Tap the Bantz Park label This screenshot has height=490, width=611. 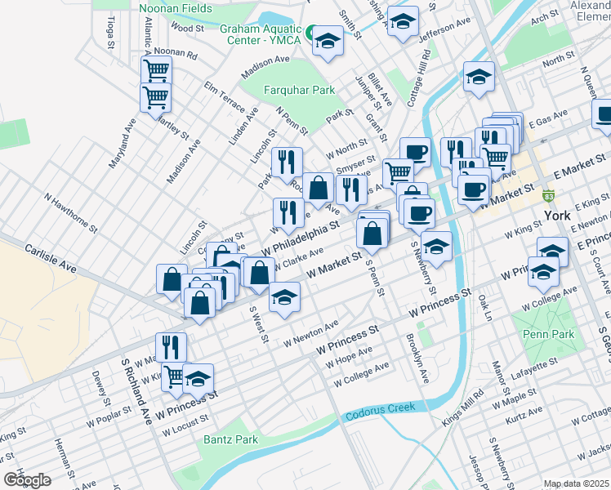[230, 439]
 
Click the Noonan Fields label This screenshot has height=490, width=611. [176, 9]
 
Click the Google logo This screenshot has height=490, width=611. [27, 479]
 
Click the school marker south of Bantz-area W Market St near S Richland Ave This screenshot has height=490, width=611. [198, 378]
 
